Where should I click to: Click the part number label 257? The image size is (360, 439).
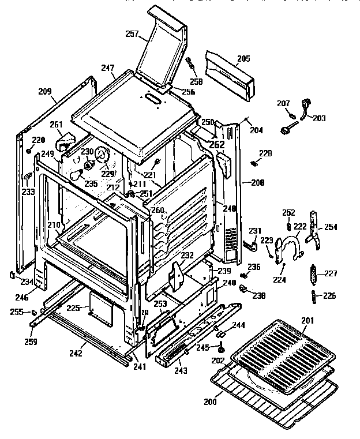tap(132, 34)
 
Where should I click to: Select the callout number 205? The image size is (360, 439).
tap(243, 58)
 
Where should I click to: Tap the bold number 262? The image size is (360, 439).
tap(216, 145)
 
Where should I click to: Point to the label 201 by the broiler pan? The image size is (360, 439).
tap(307, 321)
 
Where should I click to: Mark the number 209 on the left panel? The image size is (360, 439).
tap(44, 91)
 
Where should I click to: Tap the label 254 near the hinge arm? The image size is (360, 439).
tap(331, 227)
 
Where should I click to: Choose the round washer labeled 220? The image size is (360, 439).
tap(28, 151)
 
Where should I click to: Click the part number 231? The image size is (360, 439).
tap(254, 231)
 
